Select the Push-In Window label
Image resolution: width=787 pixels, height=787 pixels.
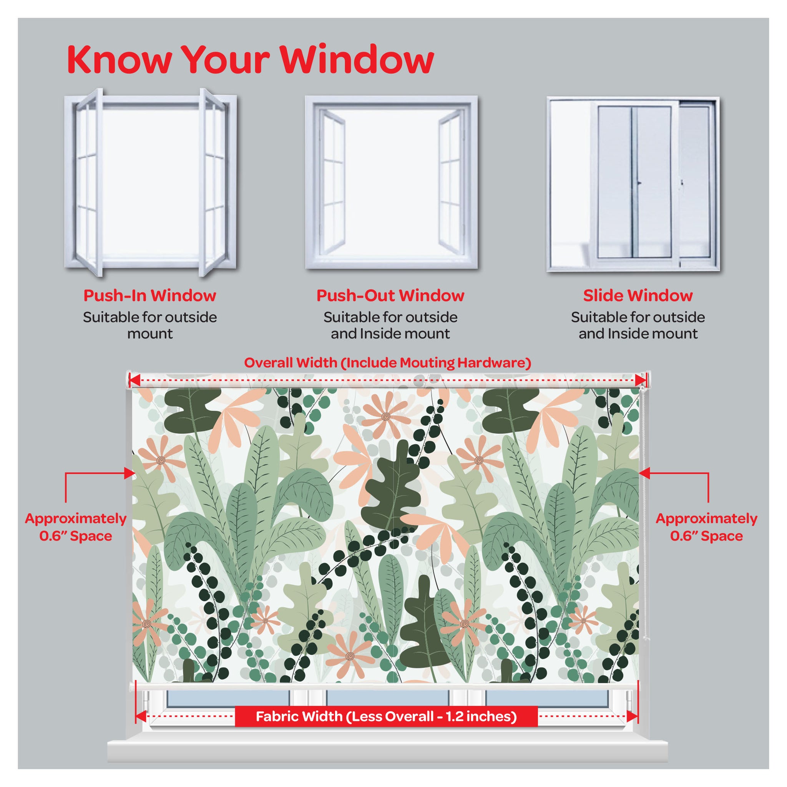149,296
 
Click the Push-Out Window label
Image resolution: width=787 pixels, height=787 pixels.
390,296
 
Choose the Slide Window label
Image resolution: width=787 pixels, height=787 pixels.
638,296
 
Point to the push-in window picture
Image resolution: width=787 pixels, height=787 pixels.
150,182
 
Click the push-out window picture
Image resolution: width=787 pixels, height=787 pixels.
391,182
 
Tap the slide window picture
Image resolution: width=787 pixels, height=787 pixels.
633,184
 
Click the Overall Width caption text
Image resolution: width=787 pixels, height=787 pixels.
387,363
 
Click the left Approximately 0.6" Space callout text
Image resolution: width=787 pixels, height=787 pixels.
76,528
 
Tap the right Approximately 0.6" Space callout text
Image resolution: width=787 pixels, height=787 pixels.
706,528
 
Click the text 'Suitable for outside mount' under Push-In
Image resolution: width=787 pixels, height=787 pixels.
150,325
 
